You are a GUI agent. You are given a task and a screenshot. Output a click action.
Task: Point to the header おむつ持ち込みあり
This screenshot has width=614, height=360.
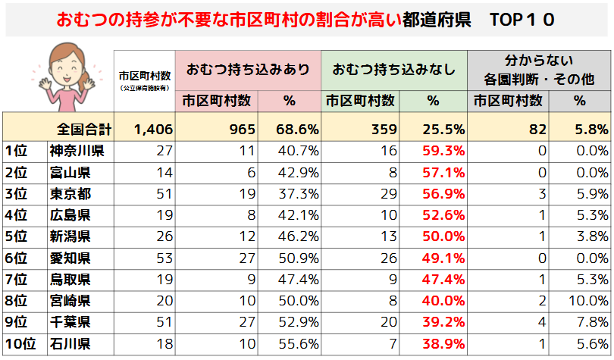click(x=248, y=69)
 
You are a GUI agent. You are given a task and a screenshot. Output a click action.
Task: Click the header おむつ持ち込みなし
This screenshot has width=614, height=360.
click(x=394, y=69)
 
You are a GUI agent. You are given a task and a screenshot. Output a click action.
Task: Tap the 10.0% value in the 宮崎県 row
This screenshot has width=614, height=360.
click(x=588, y=300)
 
